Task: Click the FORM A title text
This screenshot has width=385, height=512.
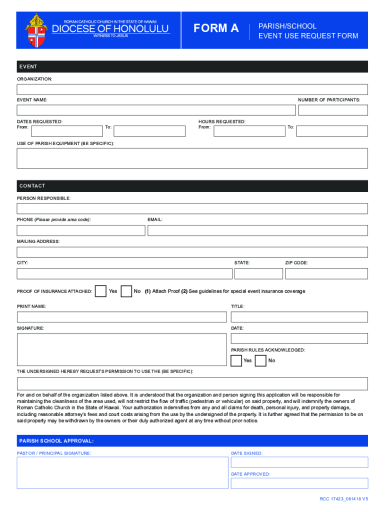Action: [216, 28]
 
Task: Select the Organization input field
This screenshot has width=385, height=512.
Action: [192, 89]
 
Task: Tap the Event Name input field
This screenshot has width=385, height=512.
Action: [156, 110]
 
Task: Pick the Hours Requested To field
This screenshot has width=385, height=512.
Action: [331, 131]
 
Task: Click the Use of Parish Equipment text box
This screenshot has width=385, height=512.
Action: [192, 158]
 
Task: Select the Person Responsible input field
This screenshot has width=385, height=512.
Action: [192, 208]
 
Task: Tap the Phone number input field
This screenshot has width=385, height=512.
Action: [81, 230]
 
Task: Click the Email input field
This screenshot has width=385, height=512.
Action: [257, 230]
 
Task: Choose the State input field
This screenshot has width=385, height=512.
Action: [258, 273]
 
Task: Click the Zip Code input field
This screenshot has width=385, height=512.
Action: [326, 273]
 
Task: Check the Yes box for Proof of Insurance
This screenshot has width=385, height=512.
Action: [100, 291]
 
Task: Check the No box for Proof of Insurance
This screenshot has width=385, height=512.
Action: [126, 291]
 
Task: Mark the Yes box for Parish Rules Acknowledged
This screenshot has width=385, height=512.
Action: [236, 360]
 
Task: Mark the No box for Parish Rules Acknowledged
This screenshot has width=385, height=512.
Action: [260, 360]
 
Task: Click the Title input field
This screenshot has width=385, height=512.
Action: [299, 317]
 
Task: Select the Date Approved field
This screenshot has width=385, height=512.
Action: [299, 483]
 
